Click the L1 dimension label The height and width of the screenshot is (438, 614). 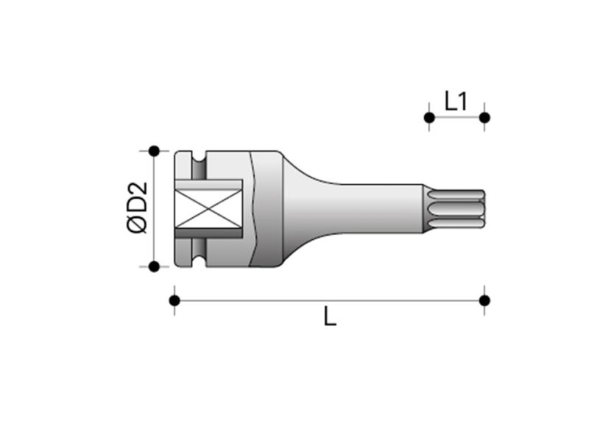click(456, 101)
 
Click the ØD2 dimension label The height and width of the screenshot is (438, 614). click(138, 208)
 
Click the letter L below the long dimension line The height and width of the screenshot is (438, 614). click(331, 317)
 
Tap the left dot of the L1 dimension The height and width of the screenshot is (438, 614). click(428, 117)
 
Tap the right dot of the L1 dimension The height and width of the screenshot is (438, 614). click(484, 117)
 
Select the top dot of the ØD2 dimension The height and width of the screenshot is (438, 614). click(154, 152)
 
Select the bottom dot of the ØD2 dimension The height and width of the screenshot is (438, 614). click(154, 266)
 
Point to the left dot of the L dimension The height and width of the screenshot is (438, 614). click(174, 300)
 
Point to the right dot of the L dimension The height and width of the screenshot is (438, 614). click(484, 300)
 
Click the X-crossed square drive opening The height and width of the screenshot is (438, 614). click(208, 208)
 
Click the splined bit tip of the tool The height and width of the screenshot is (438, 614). click(455, 208)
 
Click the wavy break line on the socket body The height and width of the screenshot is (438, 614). click(254, 208)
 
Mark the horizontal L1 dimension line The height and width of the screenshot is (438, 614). click(456, 118)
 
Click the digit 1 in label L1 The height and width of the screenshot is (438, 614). click(462, 101)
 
